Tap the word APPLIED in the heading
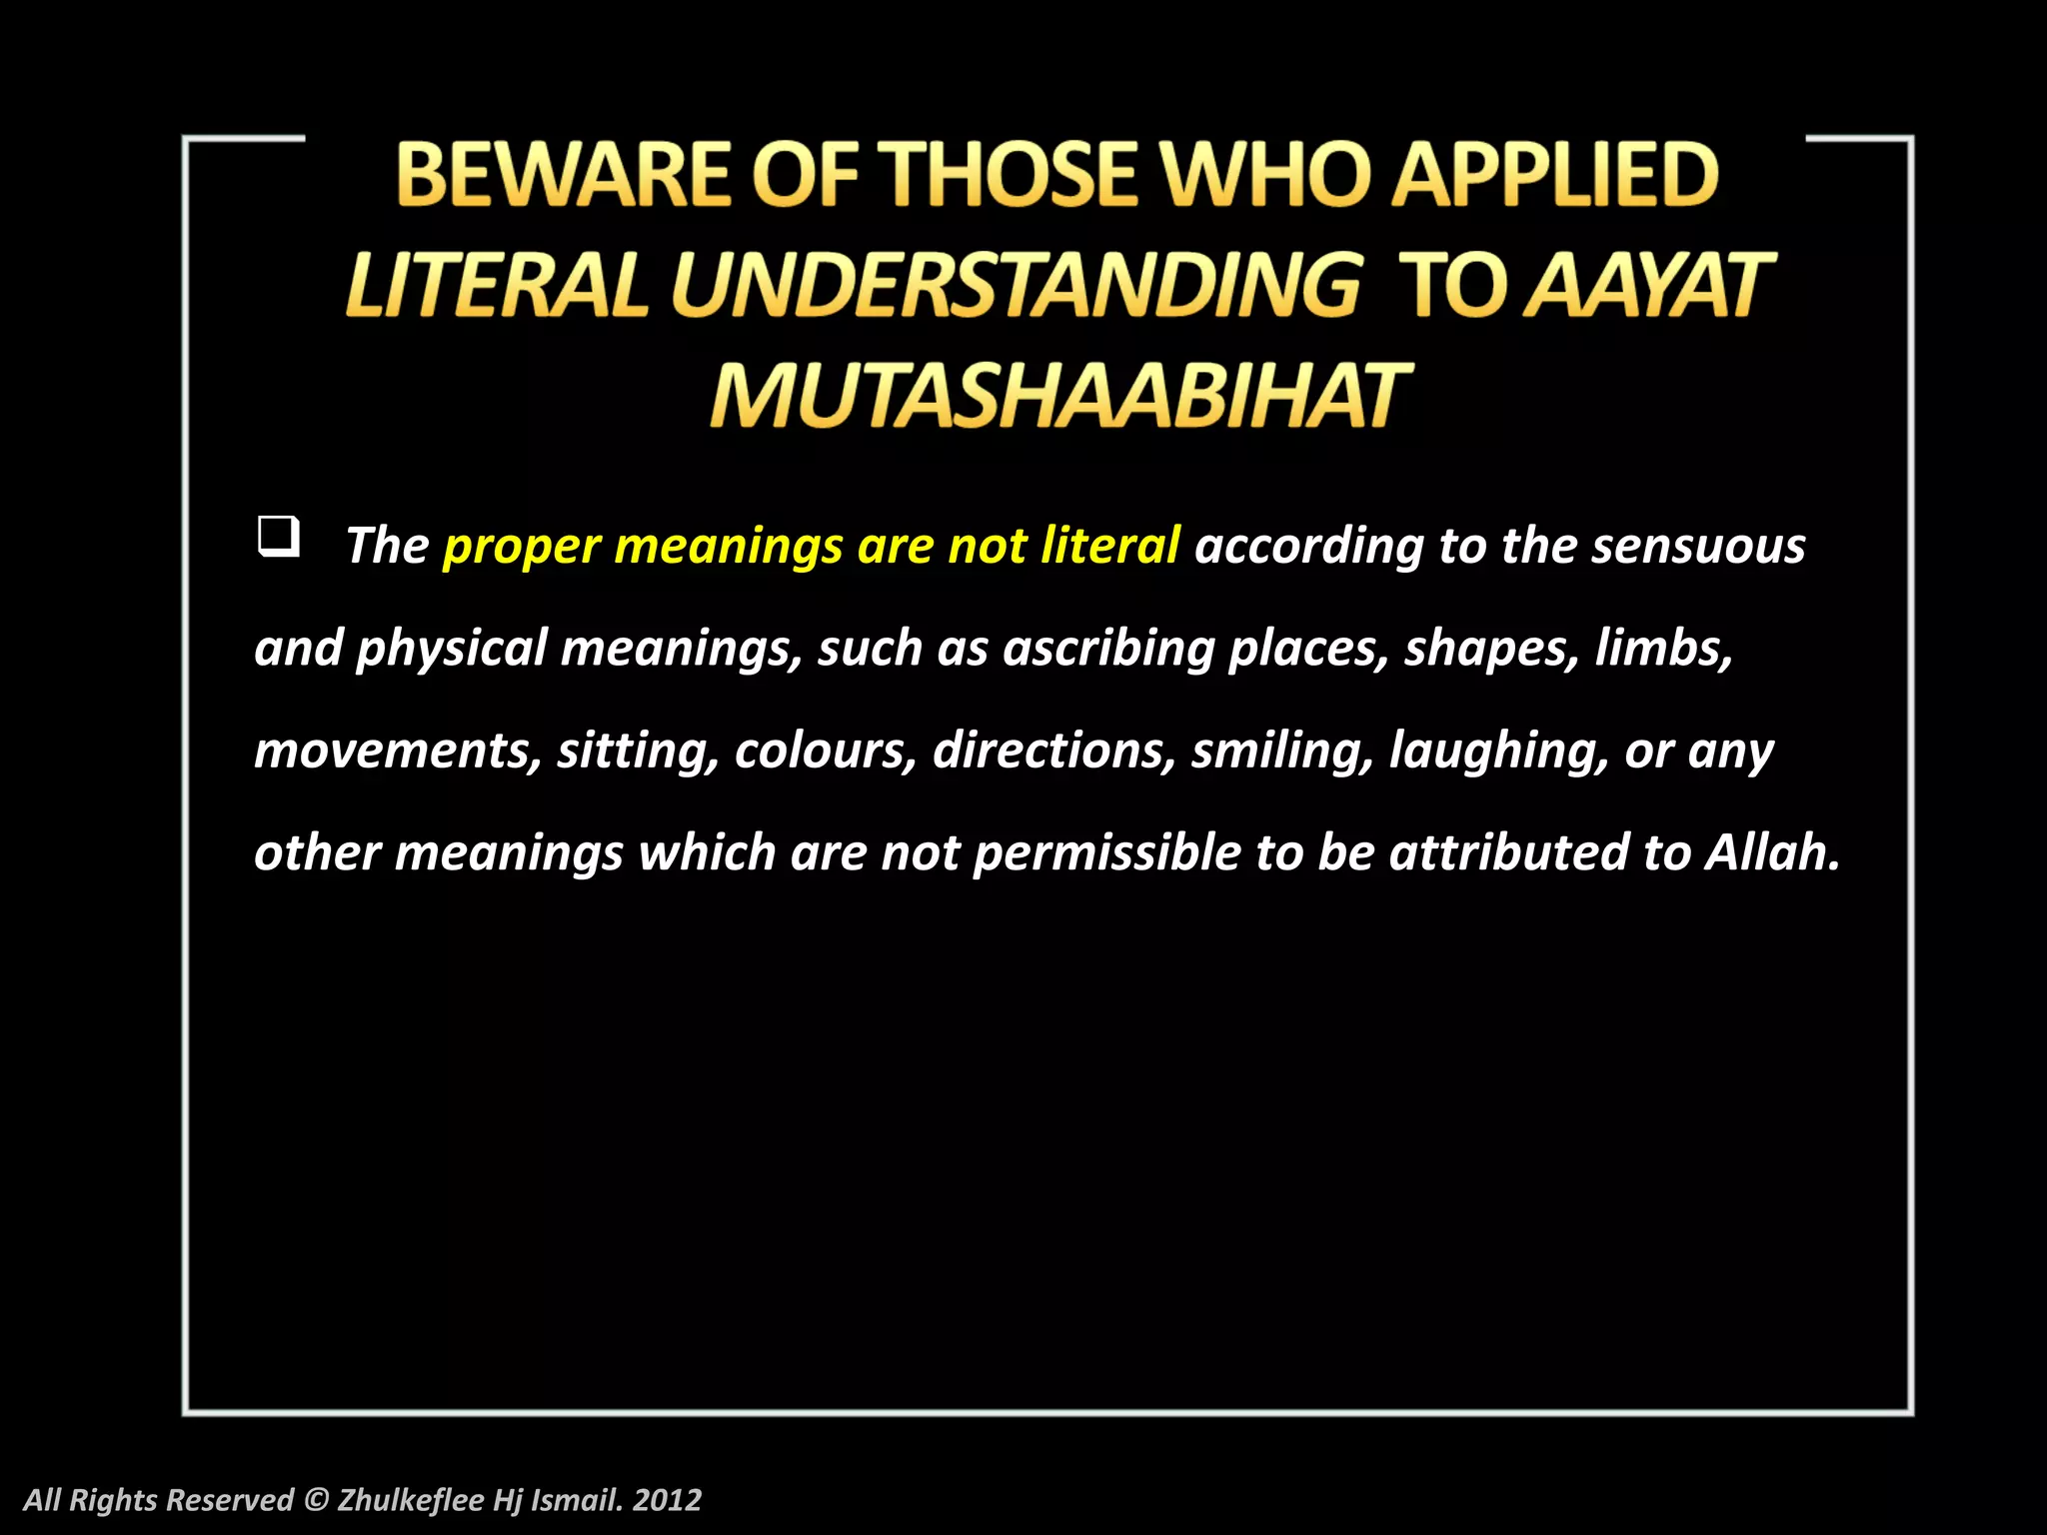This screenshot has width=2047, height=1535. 1555,175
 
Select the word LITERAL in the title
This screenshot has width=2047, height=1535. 497,286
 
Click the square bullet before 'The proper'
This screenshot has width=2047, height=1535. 278,537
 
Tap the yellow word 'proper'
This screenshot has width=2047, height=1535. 522,548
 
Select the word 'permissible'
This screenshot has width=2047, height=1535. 1106,853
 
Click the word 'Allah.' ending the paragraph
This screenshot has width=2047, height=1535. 1772,852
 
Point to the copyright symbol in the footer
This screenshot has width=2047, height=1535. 316,1500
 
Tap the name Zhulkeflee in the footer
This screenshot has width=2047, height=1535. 411,1500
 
